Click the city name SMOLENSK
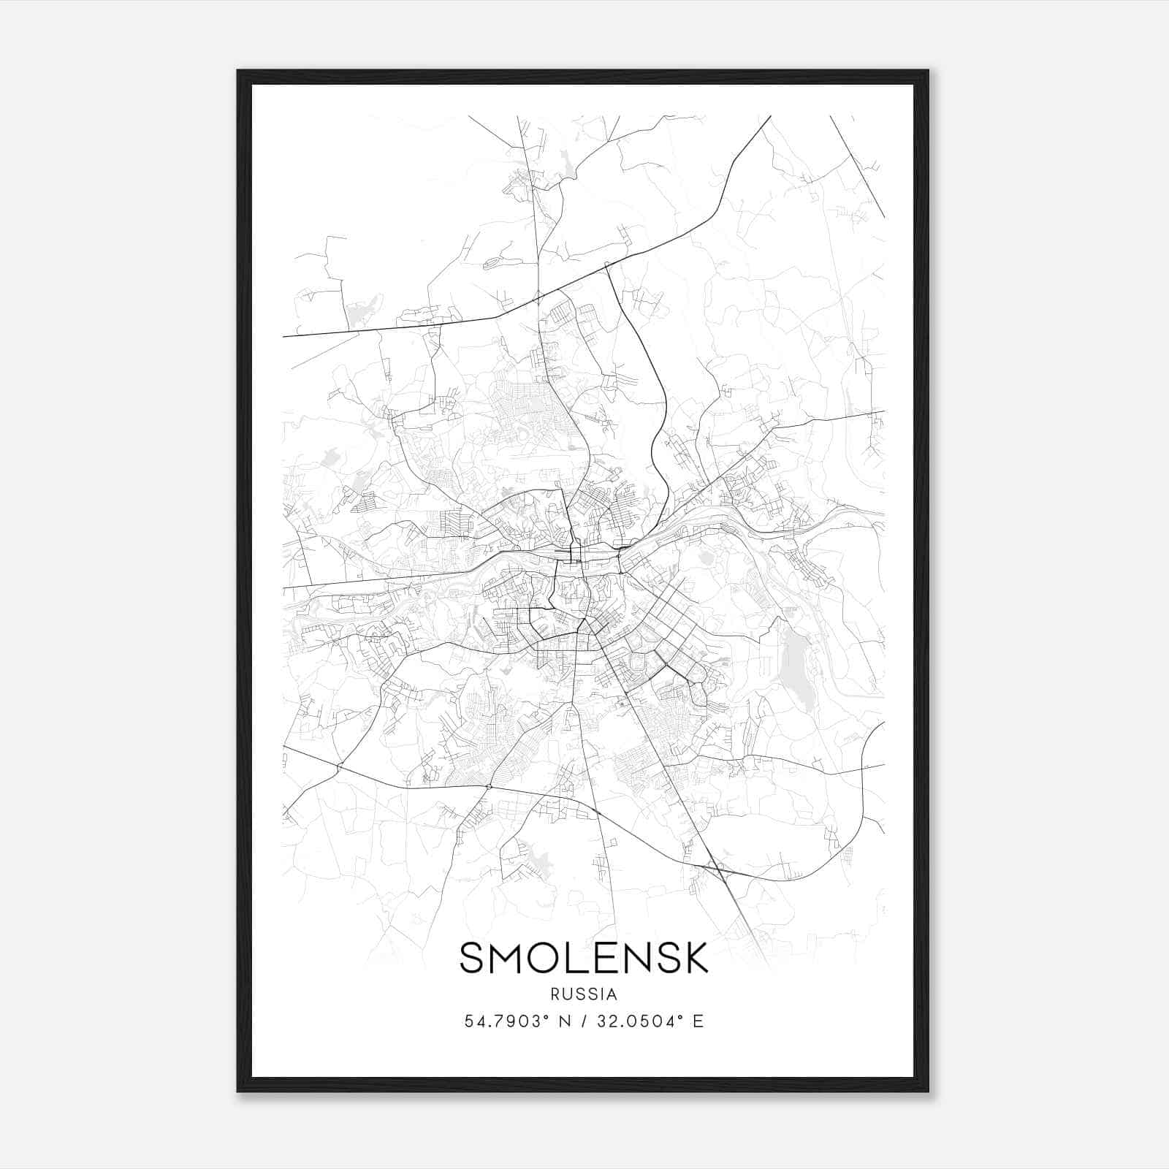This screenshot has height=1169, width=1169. (x=584, y=958)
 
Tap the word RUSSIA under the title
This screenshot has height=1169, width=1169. (x=584, y=994)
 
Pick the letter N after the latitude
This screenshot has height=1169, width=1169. (x=564, y=1021)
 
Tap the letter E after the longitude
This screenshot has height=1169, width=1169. (x=698, y=1021)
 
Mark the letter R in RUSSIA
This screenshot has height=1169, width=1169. (x=555, y=994)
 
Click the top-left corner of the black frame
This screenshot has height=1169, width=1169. (x=238, y=71)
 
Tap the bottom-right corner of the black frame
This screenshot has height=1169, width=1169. (x=927, y=1091)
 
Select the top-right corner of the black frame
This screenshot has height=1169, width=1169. (x=927, y=71)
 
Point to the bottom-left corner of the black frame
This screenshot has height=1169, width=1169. (x=238, y=1091)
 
